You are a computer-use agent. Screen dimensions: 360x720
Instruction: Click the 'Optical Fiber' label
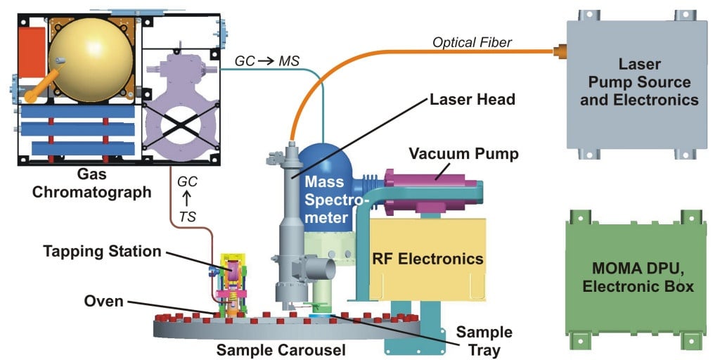pyautogui.click(x=472, y=43)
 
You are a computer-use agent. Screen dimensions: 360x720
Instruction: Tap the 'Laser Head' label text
pyautogui.click(x=472, y=100)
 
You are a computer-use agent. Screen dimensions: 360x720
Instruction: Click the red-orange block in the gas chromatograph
pyautogui.click(x=30, y=53)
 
